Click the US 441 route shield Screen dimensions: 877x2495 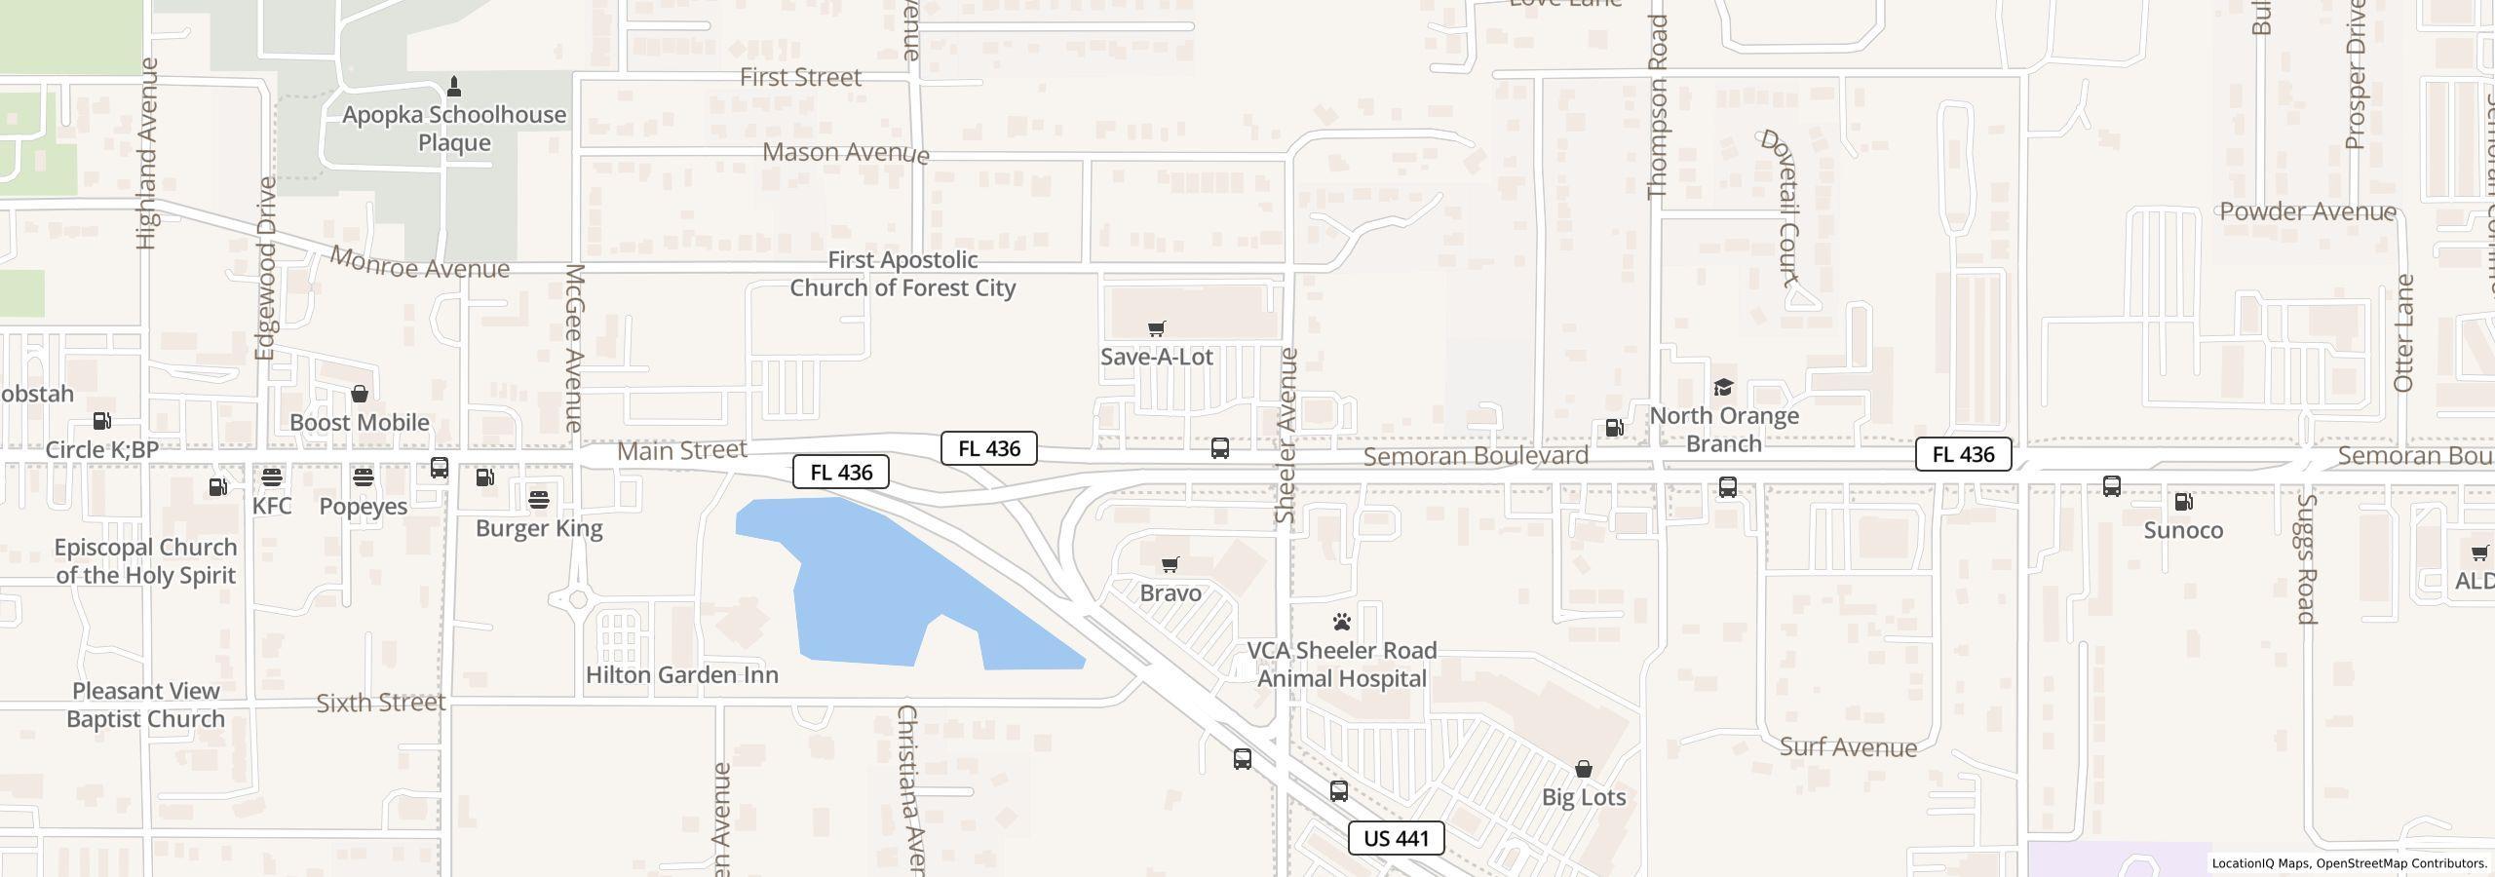point(1396,838)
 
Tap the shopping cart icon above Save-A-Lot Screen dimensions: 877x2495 point(1156,328)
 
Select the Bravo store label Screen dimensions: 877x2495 point(1170,592)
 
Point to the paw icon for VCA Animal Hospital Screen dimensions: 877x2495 point(1342,622)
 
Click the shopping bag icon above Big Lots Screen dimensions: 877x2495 point(1584,769)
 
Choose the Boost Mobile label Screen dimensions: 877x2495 point(360,422)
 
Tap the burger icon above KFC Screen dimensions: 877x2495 point(271,477)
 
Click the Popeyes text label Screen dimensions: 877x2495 point(363,506)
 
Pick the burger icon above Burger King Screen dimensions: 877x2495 point(539,500)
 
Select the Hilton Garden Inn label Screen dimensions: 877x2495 point(681,674)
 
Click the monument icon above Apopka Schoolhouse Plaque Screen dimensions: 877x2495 point(453,87)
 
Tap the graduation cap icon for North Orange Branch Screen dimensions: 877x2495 point(1723,388)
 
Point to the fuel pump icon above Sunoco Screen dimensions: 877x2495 point(2183,502)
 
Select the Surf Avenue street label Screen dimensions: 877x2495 point(1848,747)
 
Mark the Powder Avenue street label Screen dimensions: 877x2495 point(2307,211)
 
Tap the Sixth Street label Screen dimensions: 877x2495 point(381,703)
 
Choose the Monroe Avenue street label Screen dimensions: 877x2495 point(419,263)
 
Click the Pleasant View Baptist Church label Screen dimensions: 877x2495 point(145,705)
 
